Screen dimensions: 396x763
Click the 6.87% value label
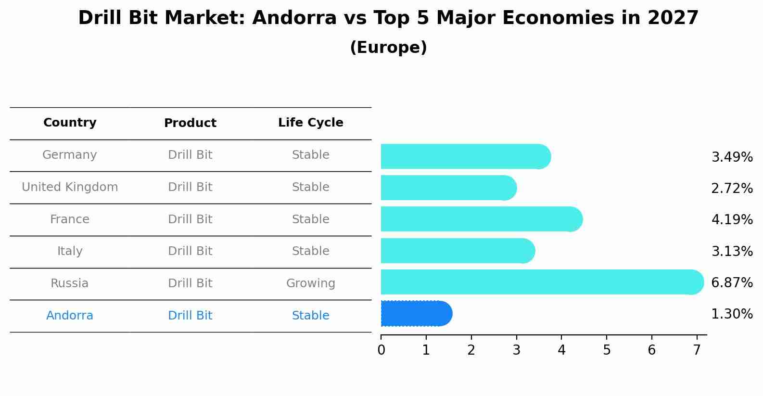tap(732, 283)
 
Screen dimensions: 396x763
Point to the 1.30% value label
tap(732, 314)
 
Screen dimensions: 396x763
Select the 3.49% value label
tap(732, 157)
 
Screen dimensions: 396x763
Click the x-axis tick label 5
tap(607, 350)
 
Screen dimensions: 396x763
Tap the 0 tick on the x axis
tap(381, 350)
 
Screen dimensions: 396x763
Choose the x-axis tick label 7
tap(697, 350)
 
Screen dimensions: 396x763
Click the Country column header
tap(70, 123)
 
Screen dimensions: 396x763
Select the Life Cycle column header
tap(310, 123)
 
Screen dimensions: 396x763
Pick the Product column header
tap(190, 123)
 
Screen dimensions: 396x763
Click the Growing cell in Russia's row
tap(310, 283)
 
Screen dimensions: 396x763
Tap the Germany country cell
tap(70, 155)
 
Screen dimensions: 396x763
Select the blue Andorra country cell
tap(70, 316)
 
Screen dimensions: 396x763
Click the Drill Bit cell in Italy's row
tap(190, 251)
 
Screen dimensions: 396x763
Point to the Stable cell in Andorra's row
tap(310, 316)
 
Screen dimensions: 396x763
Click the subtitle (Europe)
tap(388, 48)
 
